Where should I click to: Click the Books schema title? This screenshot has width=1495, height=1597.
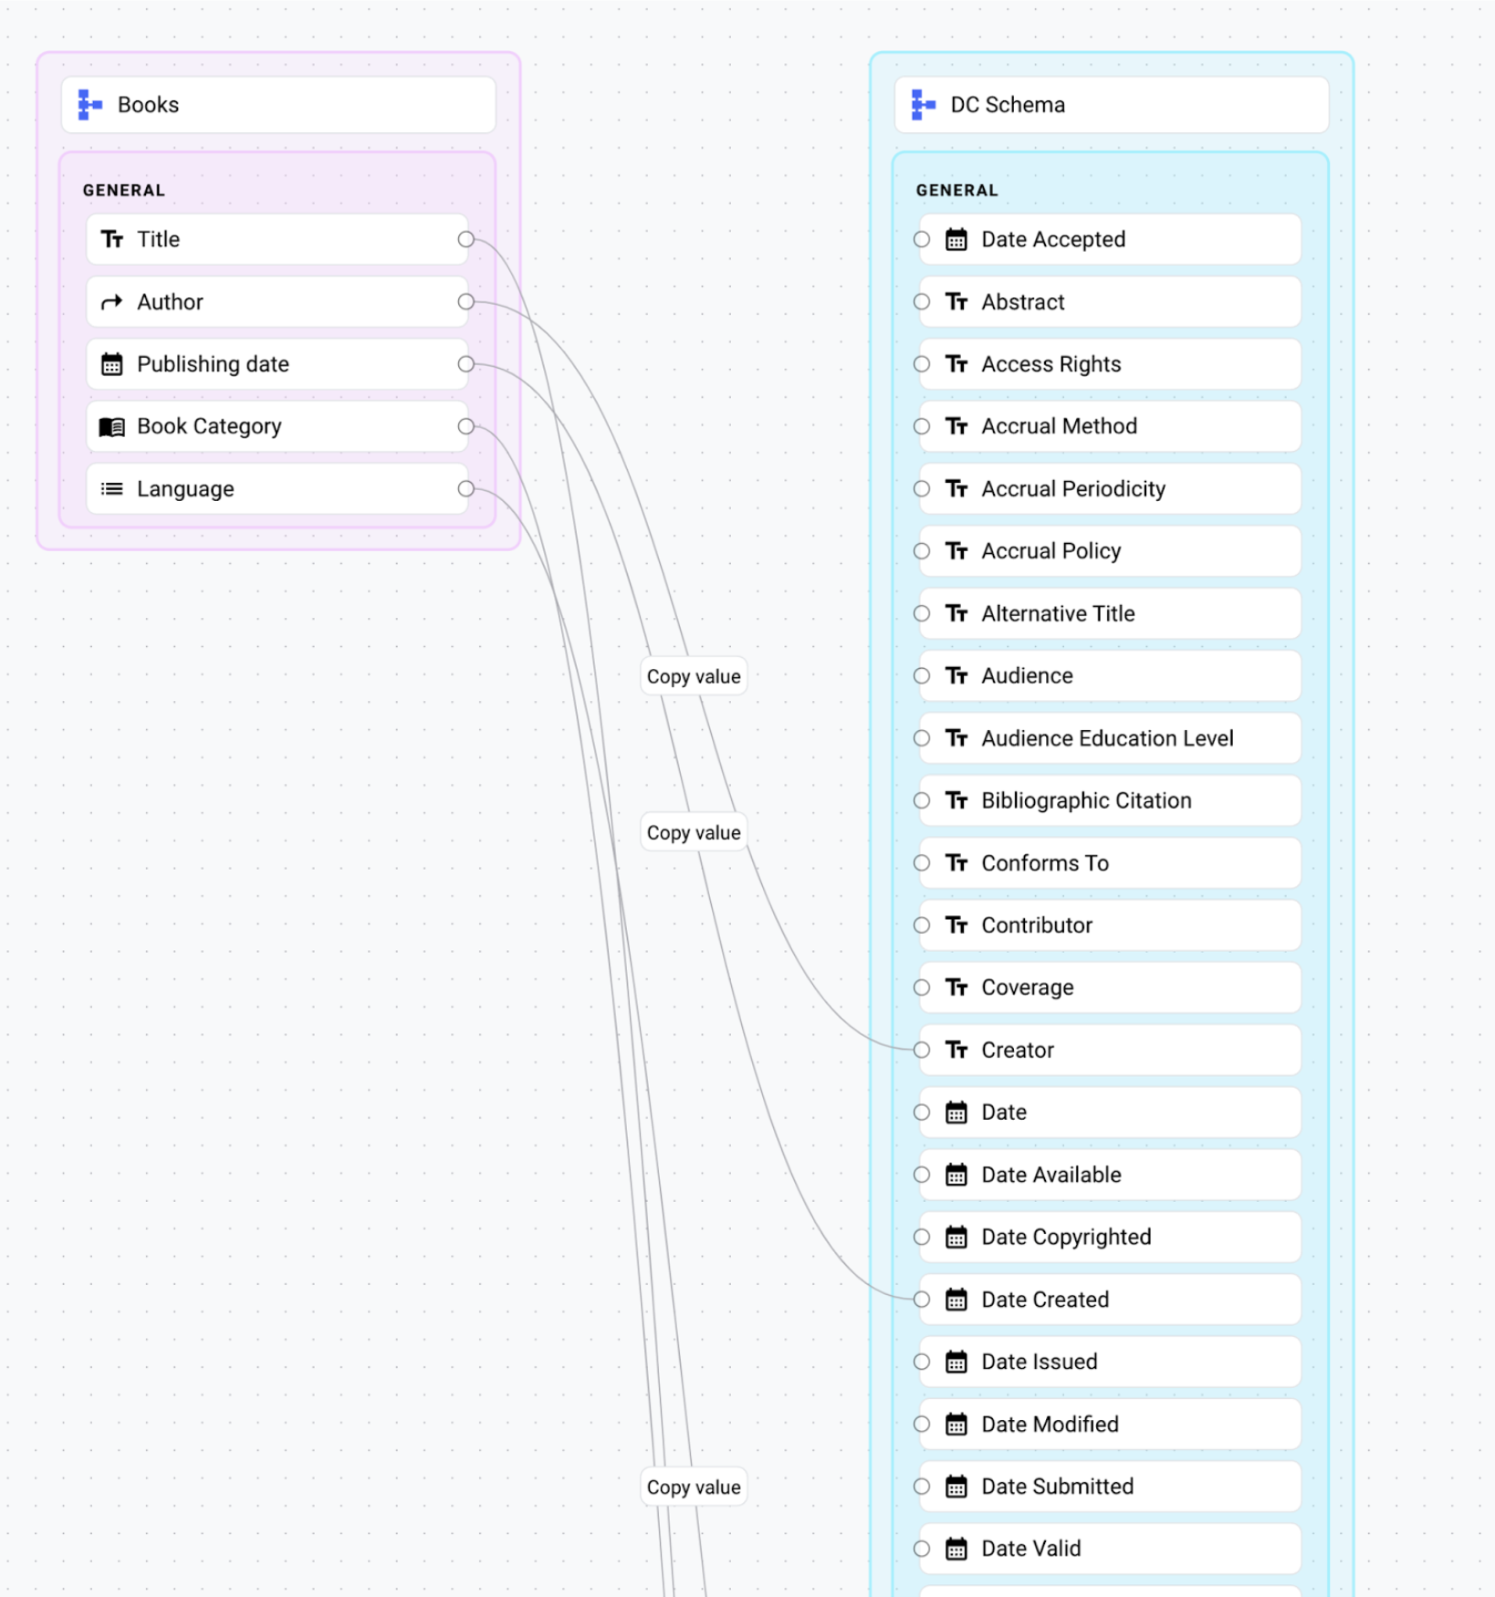148,105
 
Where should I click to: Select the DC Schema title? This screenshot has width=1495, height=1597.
1007,105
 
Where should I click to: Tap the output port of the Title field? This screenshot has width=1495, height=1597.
466,239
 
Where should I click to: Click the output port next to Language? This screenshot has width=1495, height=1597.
466,489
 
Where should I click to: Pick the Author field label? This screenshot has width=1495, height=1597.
170,302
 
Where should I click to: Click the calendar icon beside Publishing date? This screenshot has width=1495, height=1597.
111,364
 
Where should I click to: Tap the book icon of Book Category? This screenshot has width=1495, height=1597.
111,427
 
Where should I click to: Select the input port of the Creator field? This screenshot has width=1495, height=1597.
922,1049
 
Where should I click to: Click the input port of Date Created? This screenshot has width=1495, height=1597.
922,1300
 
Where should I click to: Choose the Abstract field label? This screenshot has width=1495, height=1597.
1022,302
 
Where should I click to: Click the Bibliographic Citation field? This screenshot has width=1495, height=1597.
1086,800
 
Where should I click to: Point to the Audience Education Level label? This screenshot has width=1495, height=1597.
1107,738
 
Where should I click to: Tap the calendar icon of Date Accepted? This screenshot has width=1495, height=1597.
956,239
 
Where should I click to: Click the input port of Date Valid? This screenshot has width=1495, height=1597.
922,1549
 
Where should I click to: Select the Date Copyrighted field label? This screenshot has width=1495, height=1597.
1066,1237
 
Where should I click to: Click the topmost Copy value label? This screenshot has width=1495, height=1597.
694,676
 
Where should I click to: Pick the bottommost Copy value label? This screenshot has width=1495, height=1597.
694,1487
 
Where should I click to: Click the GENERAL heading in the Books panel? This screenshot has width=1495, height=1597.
124,190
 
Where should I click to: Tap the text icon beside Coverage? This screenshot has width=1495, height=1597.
956,987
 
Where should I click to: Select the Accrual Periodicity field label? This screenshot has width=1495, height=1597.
1073,489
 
